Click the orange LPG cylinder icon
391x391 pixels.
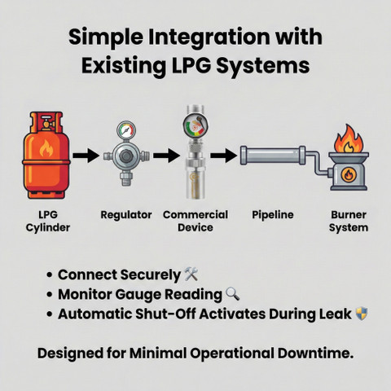[x=46, y=155]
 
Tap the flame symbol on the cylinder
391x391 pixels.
[x=46, y=149]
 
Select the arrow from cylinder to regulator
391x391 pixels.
[x=86, y=156]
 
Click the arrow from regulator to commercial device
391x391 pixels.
[x=166, y=156]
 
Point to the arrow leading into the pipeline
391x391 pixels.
[x=223, y=156]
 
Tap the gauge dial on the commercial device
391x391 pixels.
[x=195, y=125]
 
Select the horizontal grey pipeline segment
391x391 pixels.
[x=273, y=156]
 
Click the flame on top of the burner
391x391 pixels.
[x=349, y=138]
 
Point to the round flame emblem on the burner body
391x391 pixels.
[x=348, y=174]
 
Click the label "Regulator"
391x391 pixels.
[x=126, y=215]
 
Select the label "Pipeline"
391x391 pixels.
[x=273, y=215]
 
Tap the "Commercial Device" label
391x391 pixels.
[x=195, y=221]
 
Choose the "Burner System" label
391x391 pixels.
[x=349, y=221]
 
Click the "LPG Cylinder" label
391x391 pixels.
[x=48, y=221]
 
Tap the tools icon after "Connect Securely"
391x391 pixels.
[x=191, y=274]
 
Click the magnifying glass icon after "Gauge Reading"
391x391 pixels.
[x=233, y=294]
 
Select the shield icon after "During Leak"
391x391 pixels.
[x=362, y=314]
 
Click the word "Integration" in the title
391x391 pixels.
[x=209, y=37]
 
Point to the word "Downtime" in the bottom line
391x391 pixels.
[x=315, y=354]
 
